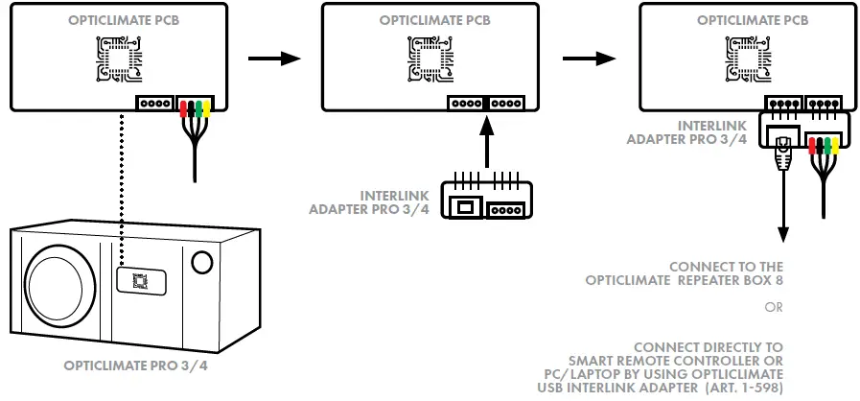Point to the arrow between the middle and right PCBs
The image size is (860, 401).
pos(588,59)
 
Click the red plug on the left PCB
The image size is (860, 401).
pos(185,108)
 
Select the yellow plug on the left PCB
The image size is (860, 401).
pos(207,108)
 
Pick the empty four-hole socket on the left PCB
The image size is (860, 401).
pos(154,104)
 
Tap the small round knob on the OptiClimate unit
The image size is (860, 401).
pos(201,262)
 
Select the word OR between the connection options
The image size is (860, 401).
pos(774,309)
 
